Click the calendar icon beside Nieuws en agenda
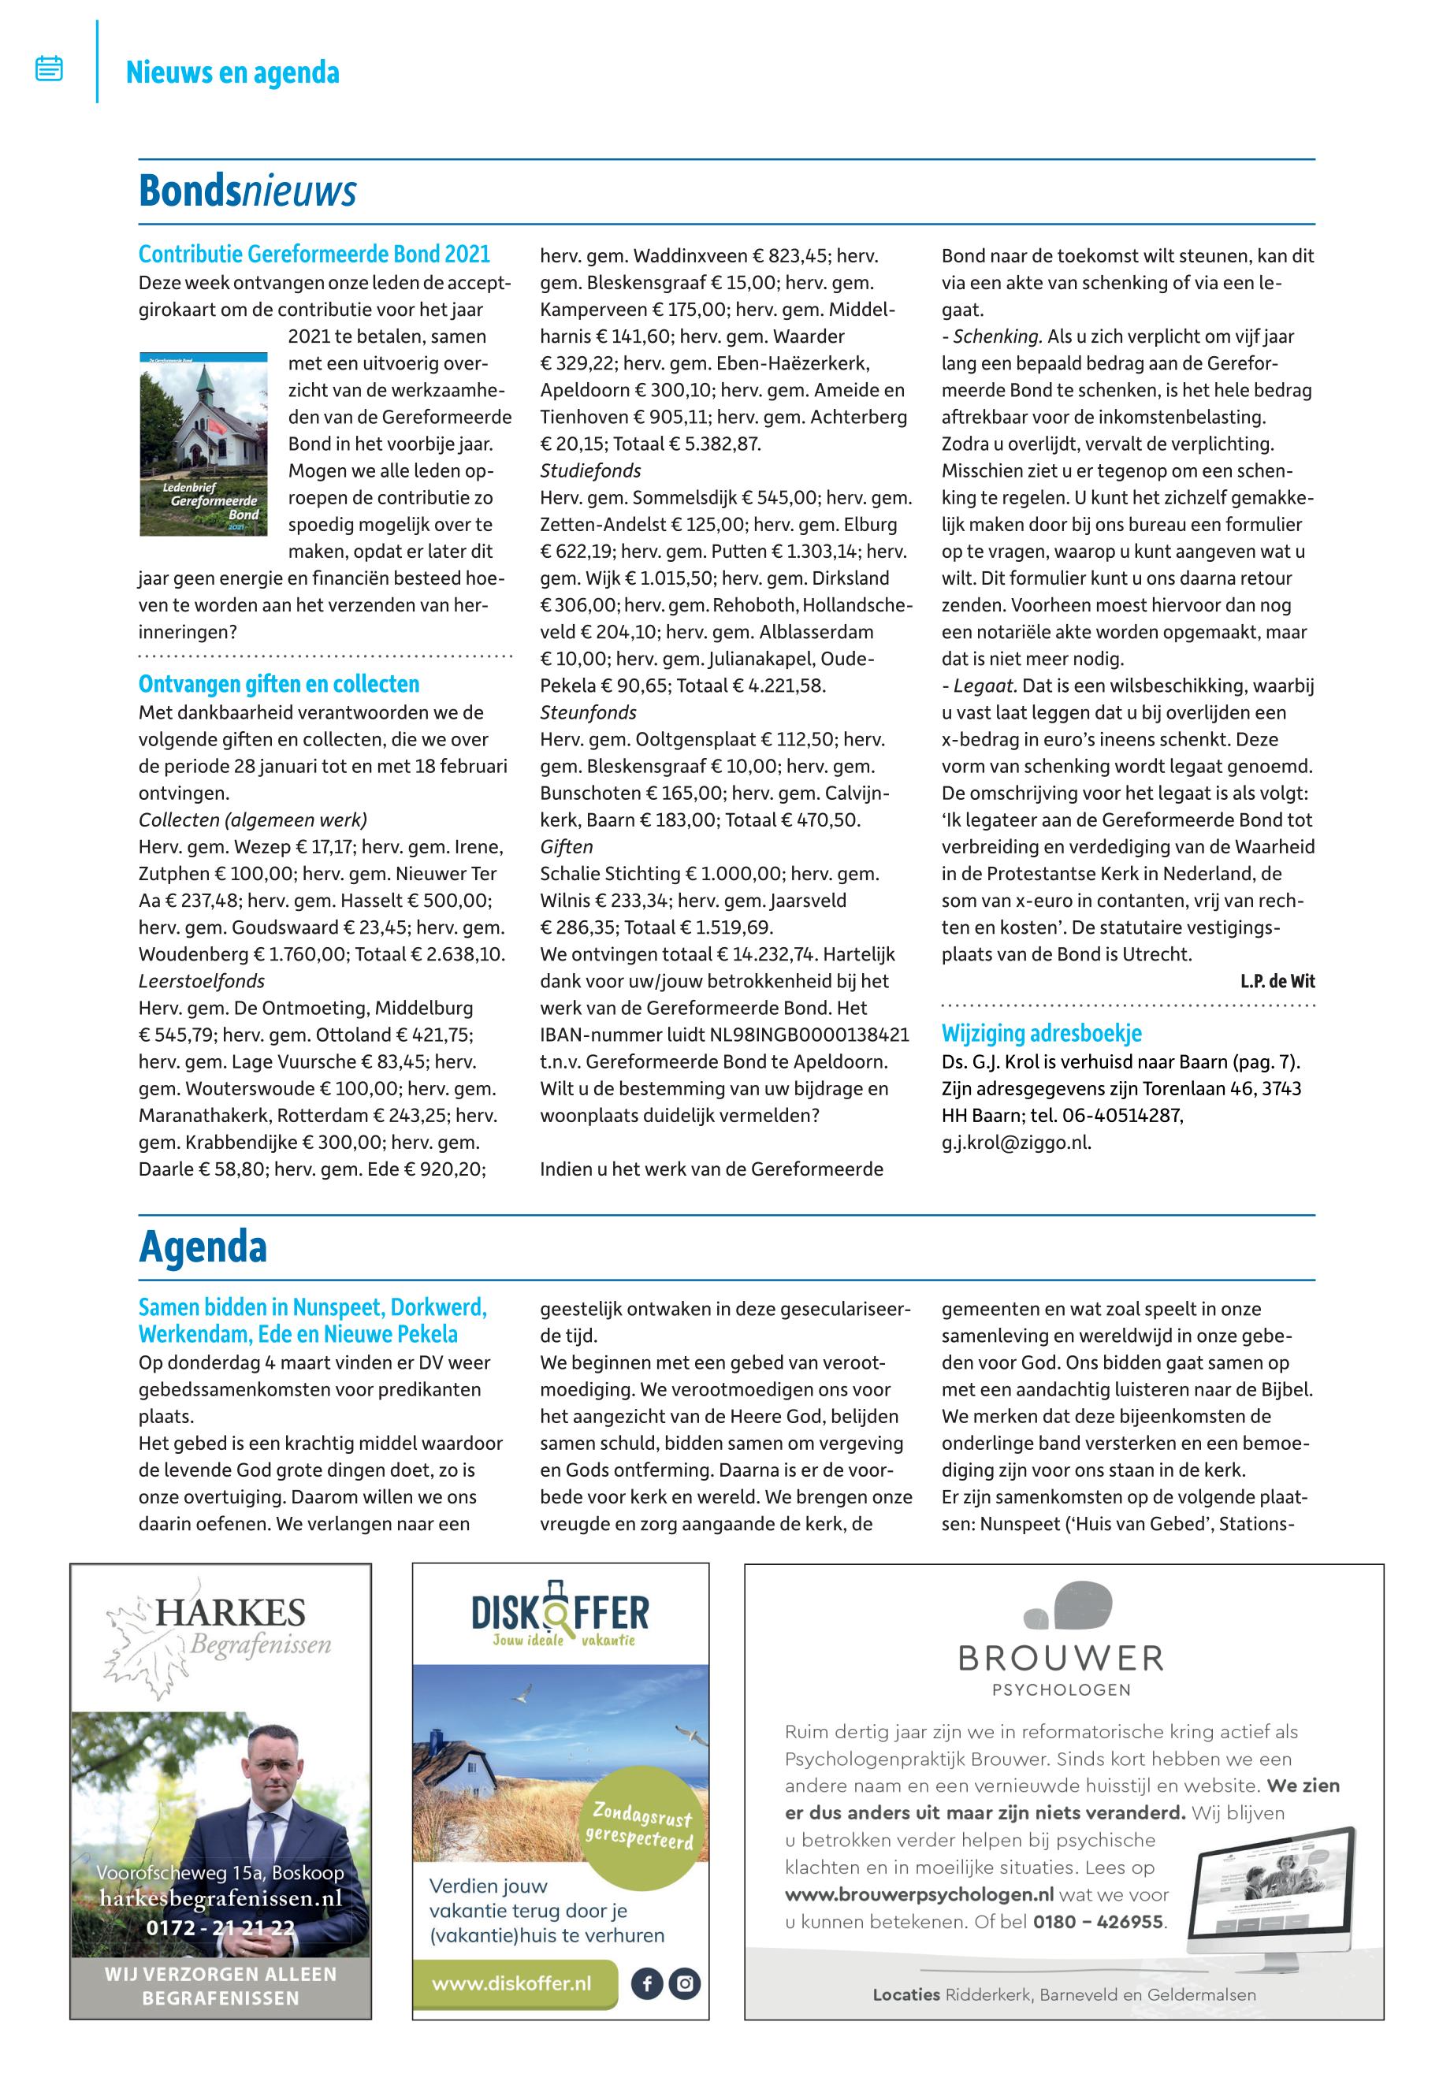point(49,69)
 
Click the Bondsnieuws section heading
point(247,191)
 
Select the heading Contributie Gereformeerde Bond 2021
point(314,255)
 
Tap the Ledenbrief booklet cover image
point(203,444)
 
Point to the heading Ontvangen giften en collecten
point(279,684)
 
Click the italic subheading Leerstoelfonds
point(201,981)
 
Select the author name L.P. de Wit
point(1277,981)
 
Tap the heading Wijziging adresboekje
point(1041,1033)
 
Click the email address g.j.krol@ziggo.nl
point(1016,1143)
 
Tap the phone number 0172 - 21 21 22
point(221,1928)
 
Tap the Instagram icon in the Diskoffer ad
point(684,1984)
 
